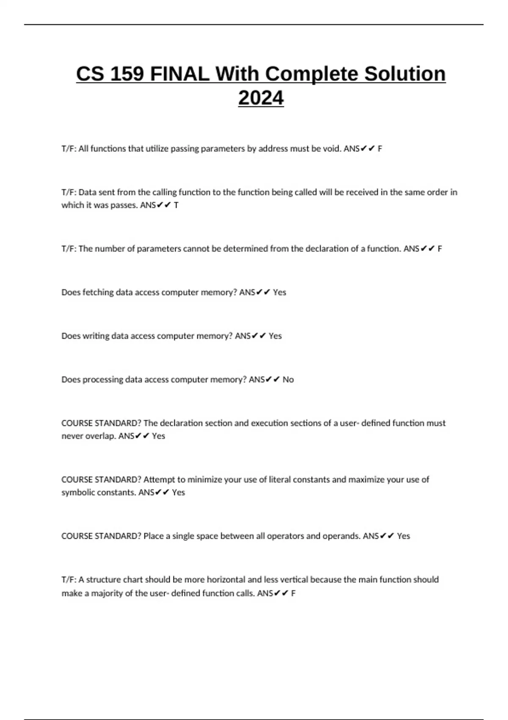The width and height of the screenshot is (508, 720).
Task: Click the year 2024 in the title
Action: pos(261,98)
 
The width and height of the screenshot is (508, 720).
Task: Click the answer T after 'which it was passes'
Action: pos(176,205)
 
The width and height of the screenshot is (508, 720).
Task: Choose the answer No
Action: pos(288,379)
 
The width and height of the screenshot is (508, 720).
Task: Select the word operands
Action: pos(341,536)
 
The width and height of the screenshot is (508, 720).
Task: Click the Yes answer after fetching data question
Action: pos(279,292)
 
